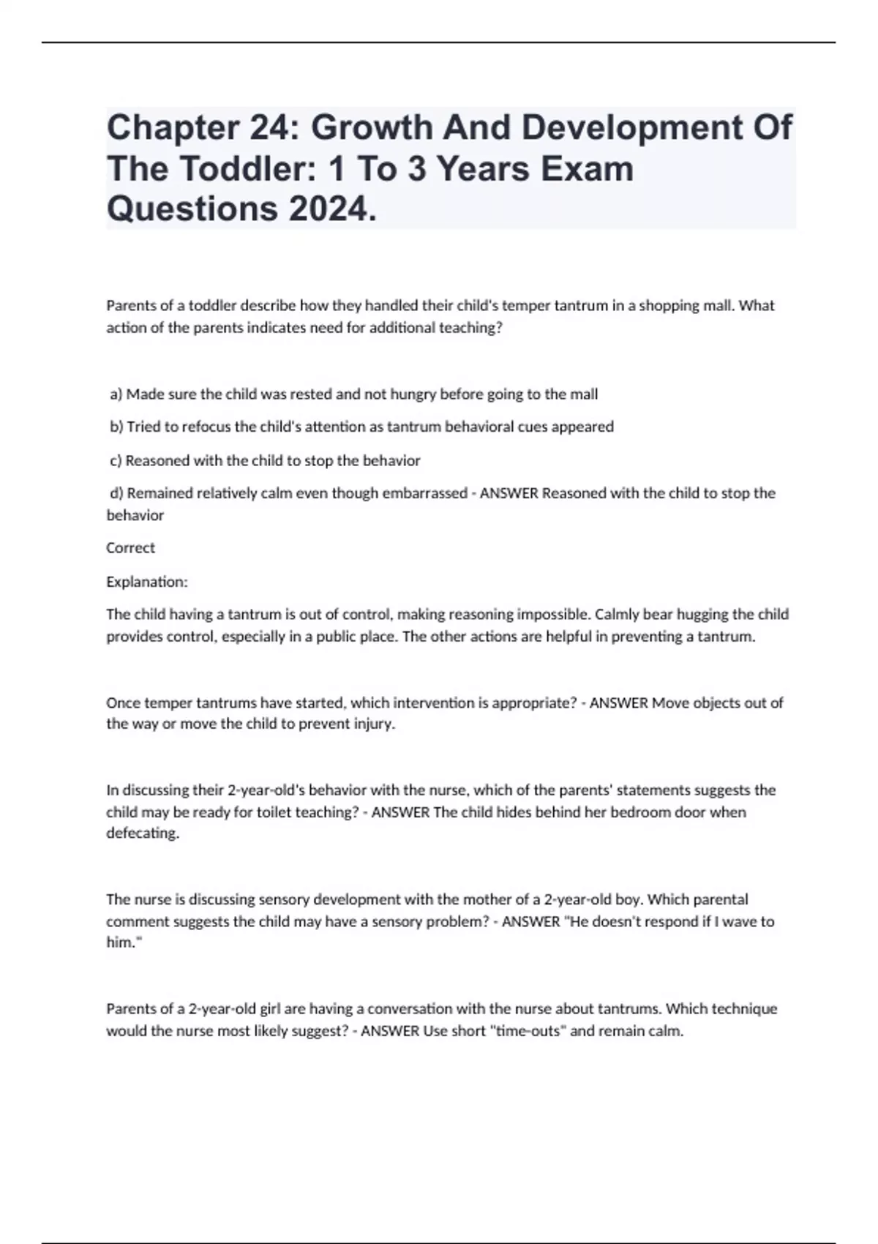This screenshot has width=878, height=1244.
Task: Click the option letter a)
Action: [116, 394]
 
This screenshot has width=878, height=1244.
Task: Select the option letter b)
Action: [117, 427]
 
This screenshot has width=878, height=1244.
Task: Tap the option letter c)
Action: [116, 461]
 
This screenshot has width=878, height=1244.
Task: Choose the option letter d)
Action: [117, 493]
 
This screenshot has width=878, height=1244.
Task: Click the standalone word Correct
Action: [130, 547]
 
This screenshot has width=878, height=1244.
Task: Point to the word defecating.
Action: [143, 833]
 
